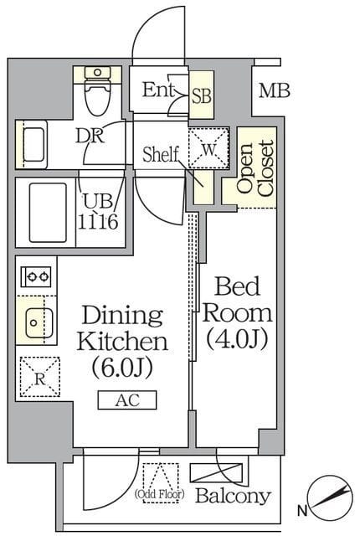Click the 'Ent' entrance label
coord(157,90)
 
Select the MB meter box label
coord(273,90)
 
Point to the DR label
coord(90,136)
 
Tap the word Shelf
coord(162,155)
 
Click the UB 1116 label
coord(100,212)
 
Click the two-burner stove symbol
coord(37,275)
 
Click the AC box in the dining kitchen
coord(127,400)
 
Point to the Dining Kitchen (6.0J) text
coord(122,341)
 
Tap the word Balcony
coord(233,496)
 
